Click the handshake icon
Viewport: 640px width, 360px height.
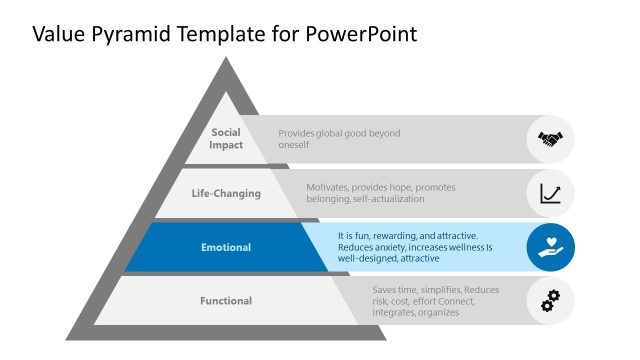(551, 139)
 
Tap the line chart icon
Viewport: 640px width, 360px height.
(551, 193)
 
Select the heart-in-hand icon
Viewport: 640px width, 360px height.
(551, 247)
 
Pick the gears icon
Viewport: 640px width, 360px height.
(551, 300)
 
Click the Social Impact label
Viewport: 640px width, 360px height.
(226, 139)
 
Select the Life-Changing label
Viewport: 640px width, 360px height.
(226, 193)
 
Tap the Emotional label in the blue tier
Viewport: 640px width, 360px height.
(226, 247)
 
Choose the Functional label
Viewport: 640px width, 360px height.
(226, 301)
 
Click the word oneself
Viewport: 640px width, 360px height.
(294, 145)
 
